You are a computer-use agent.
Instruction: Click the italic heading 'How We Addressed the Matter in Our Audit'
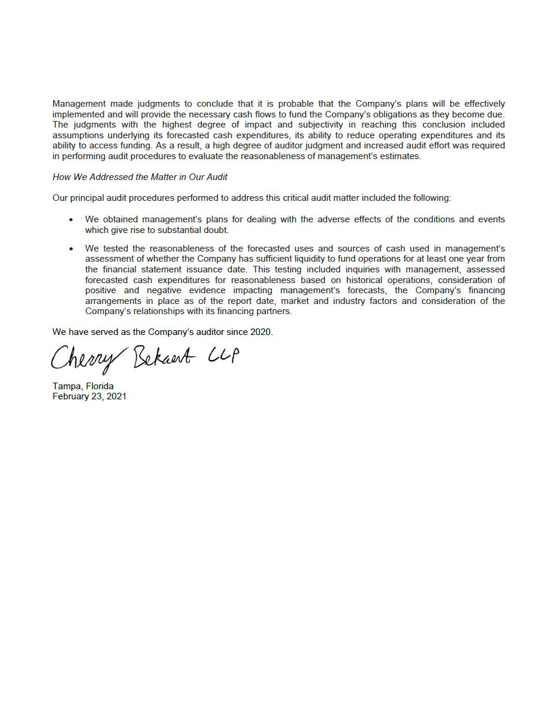coord(140,177)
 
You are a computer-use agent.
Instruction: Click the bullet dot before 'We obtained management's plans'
coord(71,220)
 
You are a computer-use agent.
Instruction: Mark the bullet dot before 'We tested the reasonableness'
coord(71,249)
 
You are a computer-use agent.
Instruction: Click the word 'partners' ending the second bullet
coord(274,311)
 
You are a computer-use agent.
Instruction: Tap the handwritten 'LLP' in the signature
coord(224,355)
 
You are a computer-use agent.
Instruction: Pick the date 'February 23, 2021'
coord(89,396)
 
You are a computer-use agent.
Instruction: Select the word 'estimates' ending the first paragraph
coord(401,156)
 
